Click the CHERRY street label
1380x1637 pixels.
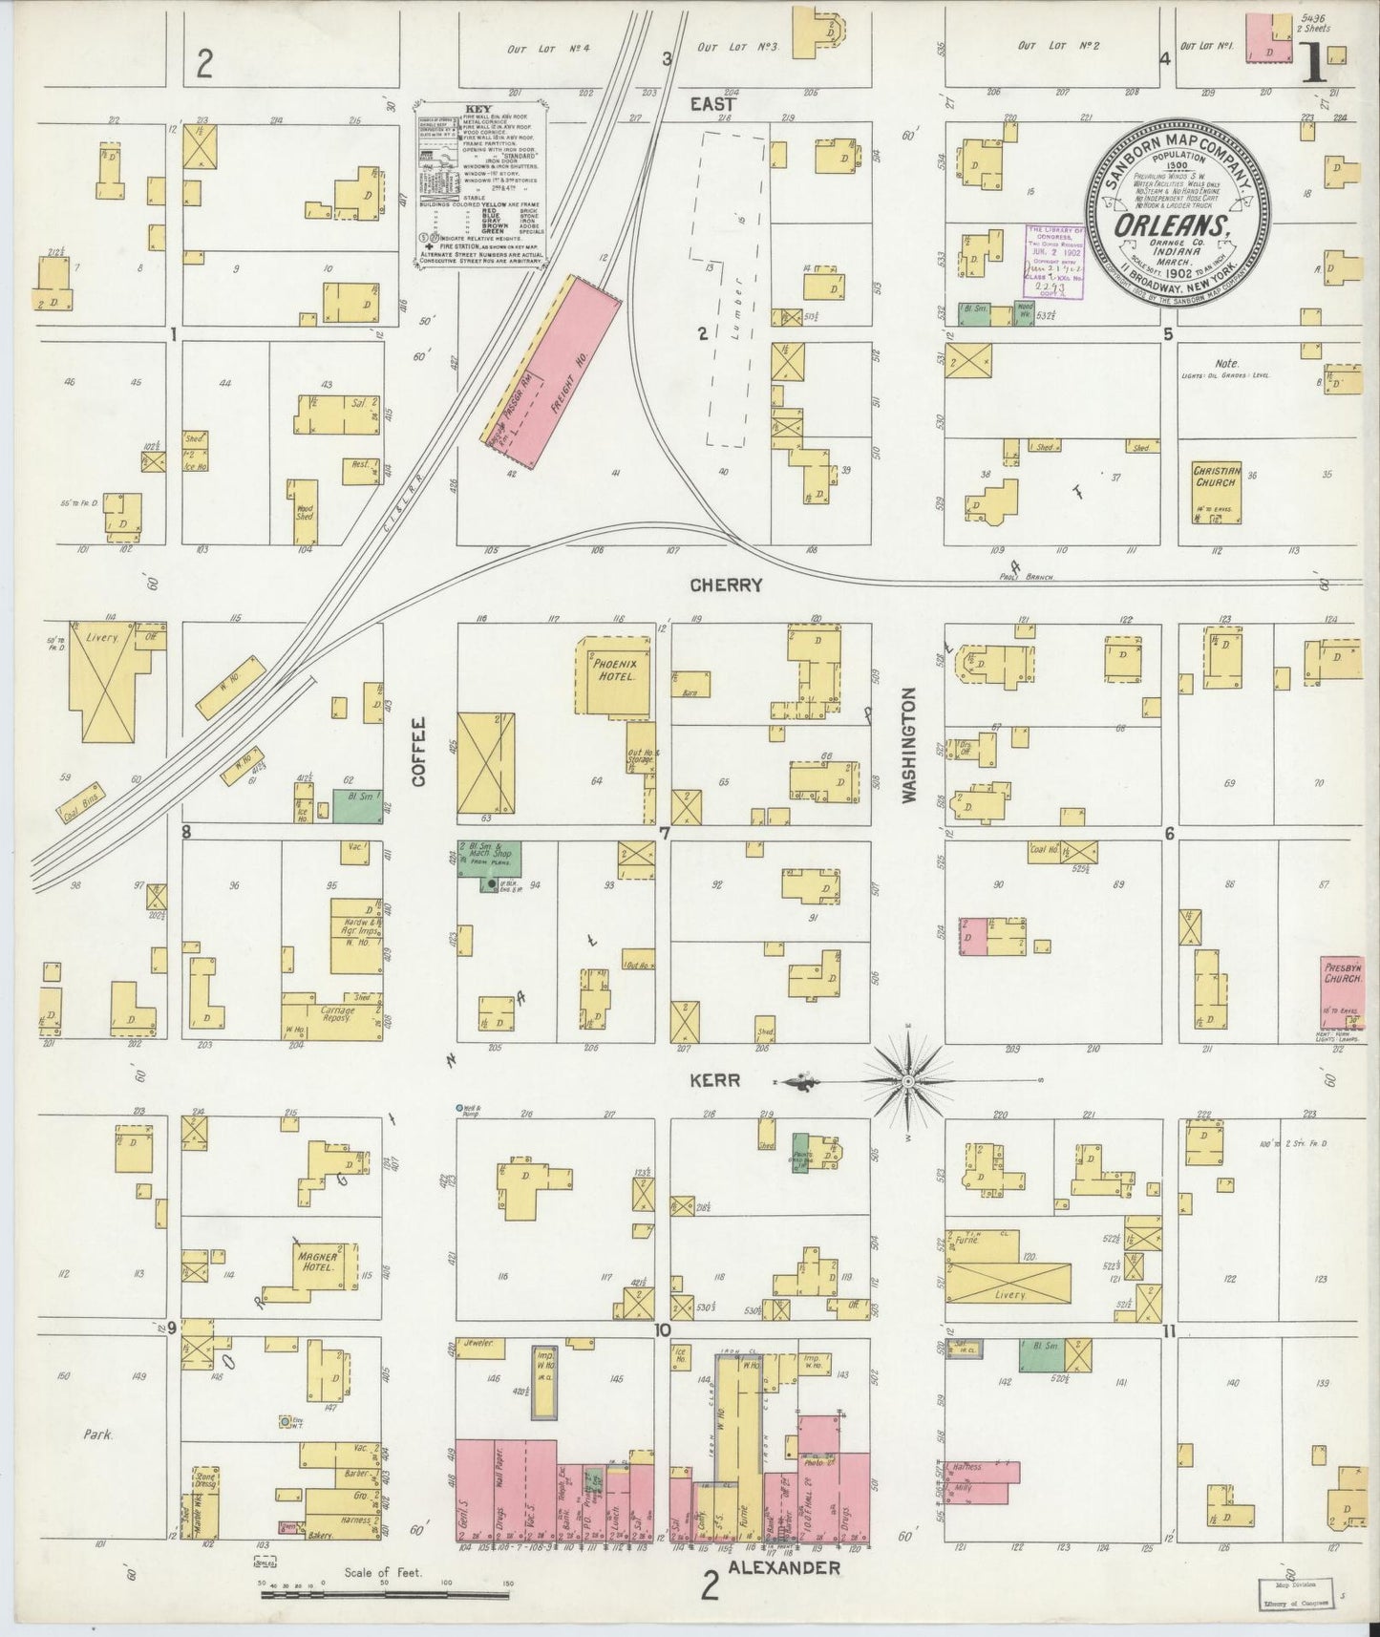726,585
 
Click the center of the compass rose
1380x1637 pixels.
908,1081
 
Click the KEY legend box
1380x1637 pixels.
480,181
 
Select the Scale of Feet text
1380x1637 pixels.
387,1571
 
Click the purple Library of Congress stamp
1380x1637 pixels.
1053,261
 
